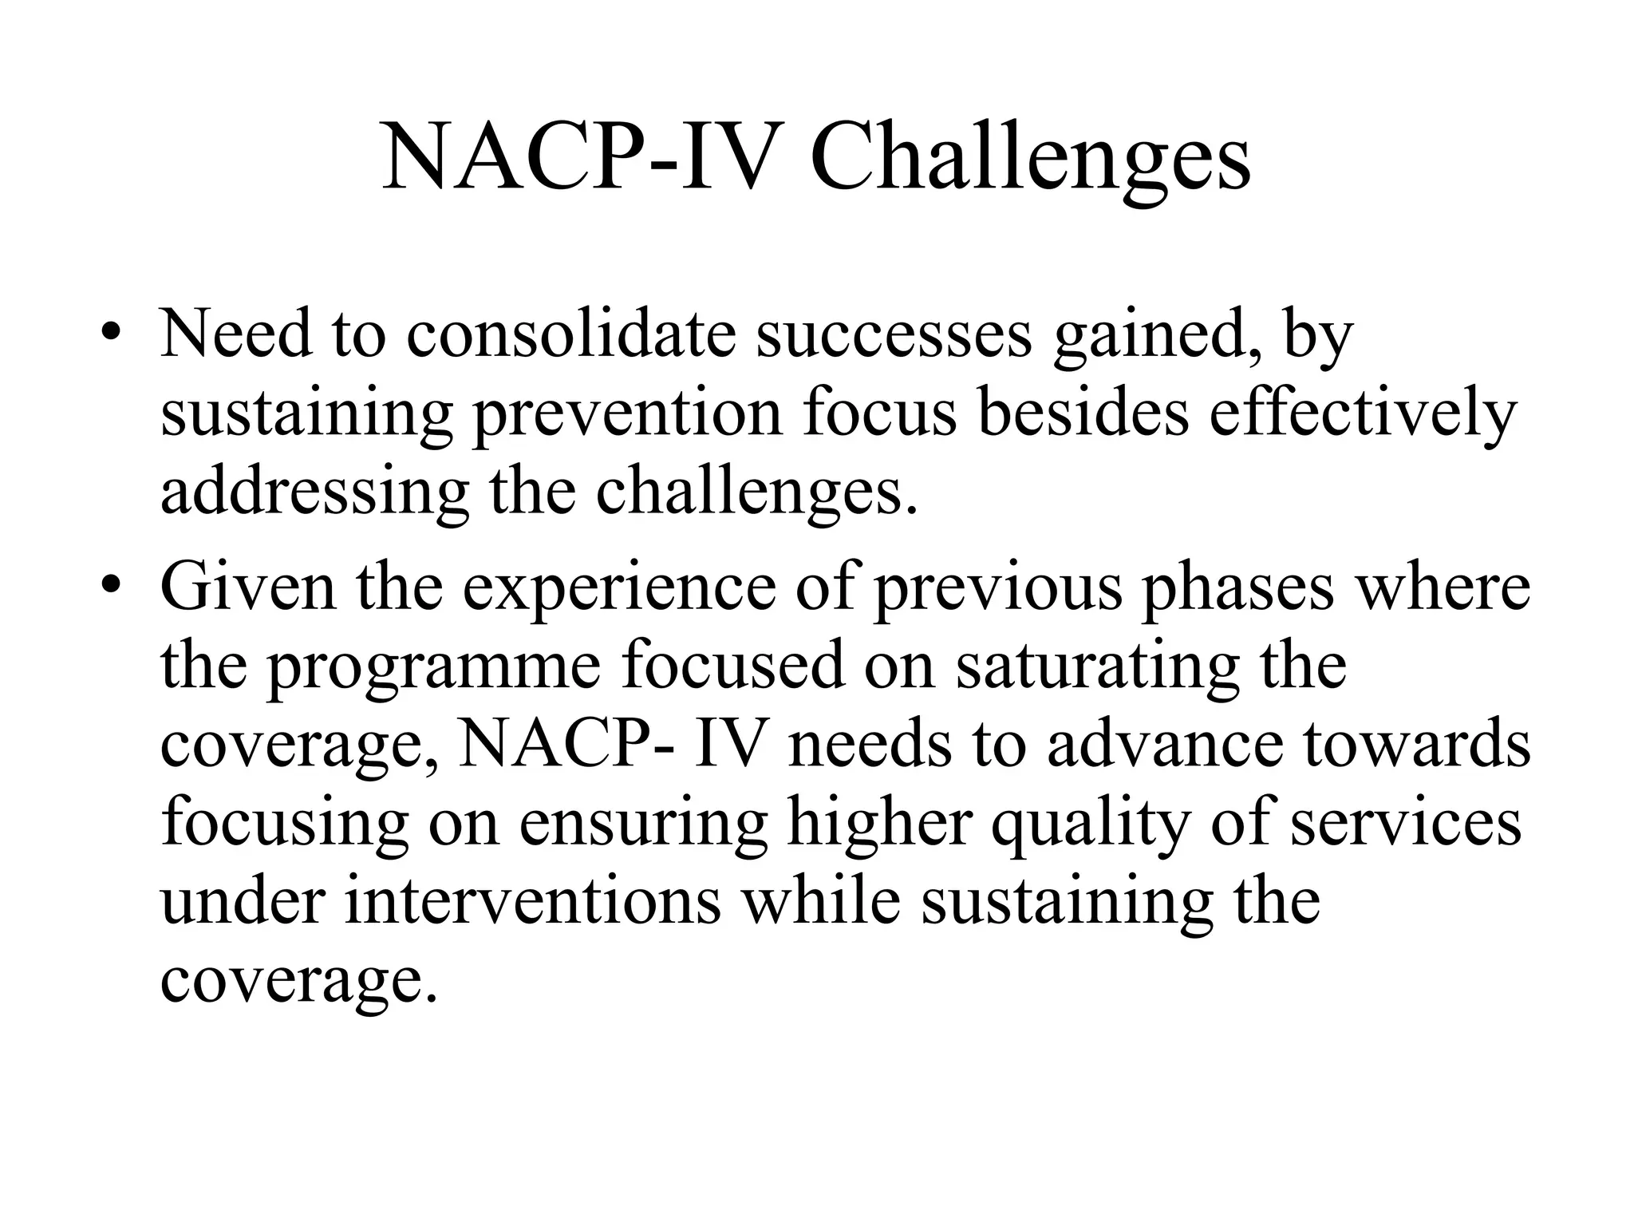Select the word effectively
pyautogui.click(x=1362, y=415)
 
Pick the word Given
pyautogui.click(x=248, y=587)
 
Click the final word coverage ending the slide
pyautogui.click(x=299, y=982)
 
